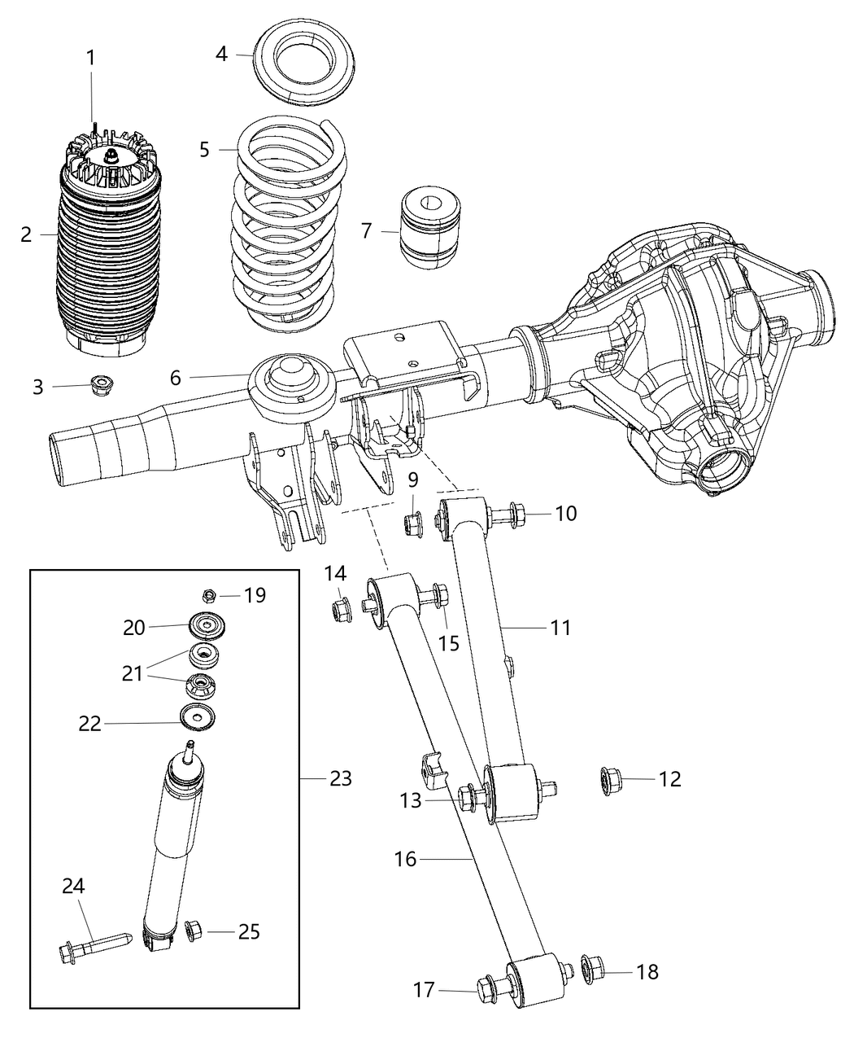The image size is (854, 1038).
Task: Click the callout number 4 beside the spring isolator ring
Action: [x=221, y=55]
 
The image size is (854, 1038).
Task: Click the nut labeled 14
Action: [x=340, y=609]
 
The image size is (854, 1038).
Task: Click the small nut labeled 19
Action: [x=208, y=595]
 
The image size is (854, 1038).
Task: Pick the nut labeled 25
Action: [x=194, y=930]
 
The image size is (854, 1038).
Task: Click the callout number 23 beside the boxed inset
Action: [x=341, y=779]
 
